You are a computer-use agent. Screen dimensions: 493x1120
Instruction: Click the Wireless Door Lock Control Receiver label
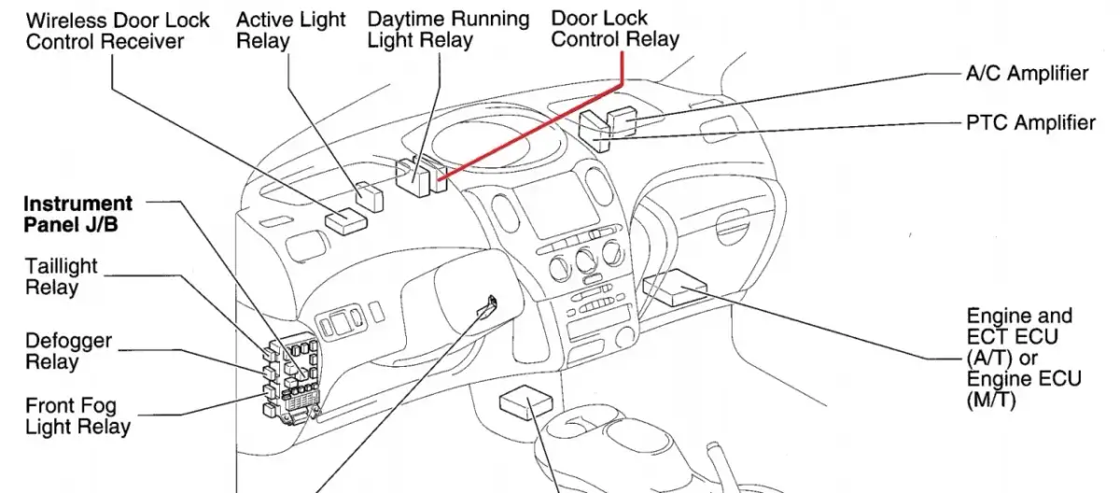[x=118, y=31]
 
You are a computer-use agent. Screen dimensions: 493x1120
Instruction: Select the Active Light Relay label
[x=290, y=31]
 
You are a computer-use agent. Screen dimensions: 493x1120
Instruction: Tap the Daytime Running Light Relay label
[x=448, y=30]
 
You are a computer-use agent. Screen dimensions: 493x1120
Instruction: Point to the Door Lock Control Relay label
[x=614, y=29]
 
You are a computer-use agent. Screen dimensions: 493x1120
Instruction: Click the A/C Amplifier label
[x=1027, y=74]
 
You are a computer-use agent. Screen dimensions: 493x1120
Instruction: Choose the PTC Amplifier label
[x=1030, y=123]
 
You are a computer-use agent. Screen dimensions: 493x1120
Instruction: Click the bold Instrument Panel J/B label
[x=77, y=214]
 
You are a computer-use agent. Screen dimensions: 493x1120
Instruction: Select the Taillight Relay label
[x=61, y=277]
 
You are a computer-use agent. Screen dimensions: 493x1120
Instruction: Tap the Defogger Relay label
[x=68, y=351]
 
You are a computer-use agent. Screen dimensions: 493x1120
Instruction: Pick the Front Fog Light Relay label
[x=77, y=416]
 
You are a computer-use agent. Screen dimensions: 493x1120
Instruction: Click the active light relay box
[x=371, y=197]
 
